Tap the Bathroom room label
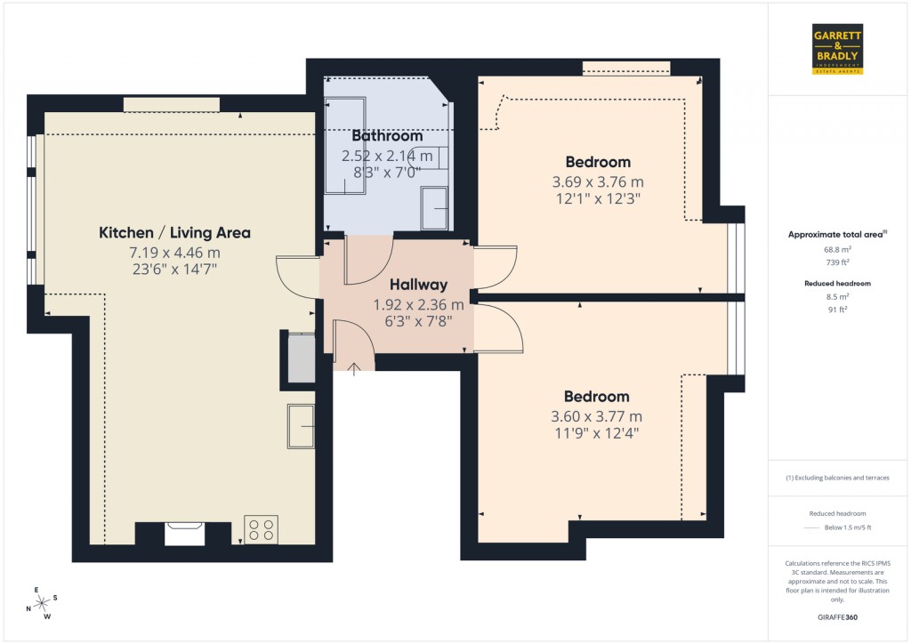[x=387, y=136]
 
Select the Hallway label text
[x=418, y=286]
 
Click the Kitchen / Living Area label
[x=174, y=233]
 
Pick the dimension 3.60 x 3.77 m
[x=597, y=415]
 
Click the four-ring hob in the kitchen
[x=261, y=530]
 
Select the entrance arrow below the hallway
[x=354, y=368]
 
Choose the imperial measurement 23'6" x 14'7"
[x=174, y=267]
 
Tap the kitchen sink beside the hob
[x=185, y=532]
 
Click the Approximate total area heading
[x=836, y=235]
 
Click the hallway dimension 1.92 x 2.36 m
[x=418, y=304]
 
